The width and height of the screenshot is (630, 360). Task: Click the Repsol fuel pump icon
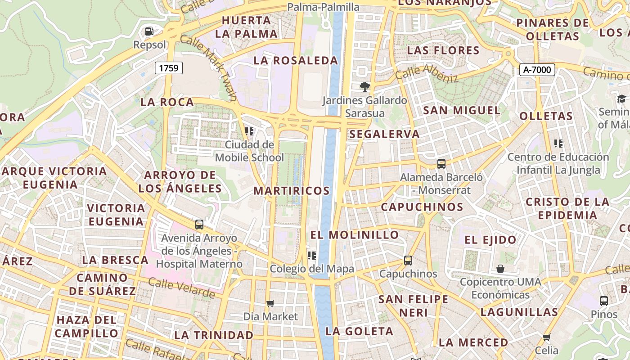tap(149, 31)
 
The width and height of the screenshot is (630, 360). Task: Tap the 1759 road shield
tap(169, 68)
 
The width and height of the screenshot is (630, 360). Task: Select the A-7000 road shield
tap(537, 70)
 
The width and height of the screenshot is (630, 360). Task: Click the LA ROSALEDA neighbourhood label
tap(296, 60)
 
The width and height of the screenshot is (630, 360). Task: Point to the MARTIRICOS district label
tap(292, 191)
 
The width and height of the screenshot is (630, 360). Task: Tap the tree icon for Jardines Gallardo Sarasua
tap(364, 86)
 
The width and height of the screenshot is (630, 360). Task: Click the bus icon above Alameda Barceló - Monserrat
tap(441, 164)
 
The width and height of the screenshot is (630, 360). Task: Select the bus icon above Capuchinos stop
tap(408, 260)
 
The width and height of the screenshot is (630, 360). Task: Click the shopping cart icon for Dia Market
tap(270, 303)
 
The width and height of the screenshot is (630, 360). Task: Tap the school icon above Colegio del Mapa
tap(311, 256)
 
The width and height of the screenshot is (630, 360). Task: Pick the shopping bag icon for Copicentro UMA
tap(500, 269)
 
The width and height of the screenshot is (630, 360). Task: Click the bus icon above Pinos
tap(604, 301)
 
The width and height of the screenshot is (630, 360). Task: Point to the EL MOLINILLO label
tap(355, 234)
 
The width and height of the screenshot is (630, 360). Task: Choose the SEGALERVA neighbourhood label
tap(384, 134)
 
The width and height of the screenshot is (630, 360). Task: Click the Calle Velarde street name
tap(181, 288)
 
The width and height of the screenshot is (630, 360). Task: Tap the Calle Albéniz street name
tap(427, 74)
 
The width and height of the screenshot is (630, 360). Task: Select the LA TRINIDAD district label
tap(214, 335)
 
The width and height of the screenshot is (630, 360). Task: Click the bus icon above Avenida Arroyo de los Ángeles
tap(199, 224)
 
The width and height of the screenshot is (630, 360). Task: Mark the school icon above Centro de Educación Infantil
tap(558, 144)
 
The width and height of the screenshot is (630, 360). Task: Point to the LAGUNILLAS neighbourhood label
tap(519, 312)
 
